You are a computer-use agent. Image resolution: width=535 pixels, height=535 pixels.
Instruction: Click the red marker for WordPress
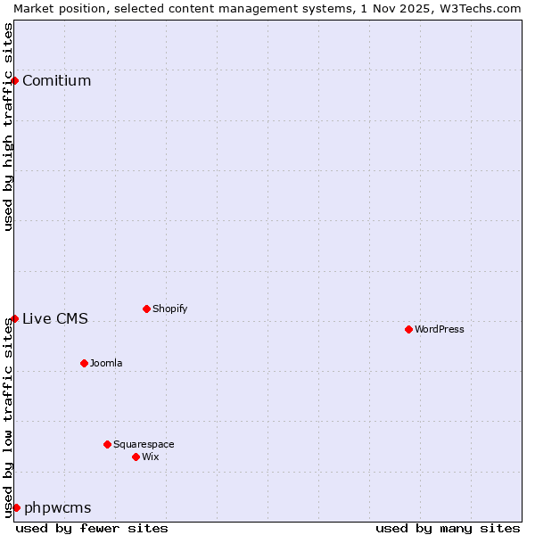click(x=408, y=329)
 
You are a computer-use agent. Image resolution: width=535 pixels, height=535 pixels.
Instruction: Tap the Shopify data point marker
click(x=146, y=309)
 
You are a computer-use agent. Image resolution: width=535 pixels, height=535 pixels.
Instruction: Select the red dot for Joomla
click(x=84, y=363)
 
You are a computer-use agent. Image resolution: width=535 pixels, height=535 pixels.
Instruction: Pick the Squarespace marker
click(x=107, y=444)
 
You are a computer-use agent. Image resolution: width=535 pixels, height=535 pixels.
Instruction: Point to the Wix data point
click(x=136, y=457)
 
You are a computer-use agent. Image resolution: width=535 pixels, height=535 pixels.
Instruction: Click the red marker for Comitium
click(x=14, y=80)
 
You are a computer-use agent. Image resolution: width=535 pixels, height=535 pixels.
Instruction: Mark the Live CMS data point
click(x=14, y=318)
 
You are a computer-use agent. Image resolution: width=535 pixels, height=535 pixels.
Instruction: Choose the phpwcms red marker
click(x=16, y=507)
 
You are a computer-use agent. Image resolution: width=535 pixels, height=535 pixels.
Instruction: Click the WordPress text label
click(x=440, y=329)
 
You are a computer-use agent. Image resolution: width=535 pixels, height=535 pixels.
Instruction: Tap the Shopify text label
click(x=169, y=309)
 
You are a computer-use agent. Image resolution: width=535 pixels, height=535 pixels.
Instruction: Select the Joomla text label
click(x=106, y=363)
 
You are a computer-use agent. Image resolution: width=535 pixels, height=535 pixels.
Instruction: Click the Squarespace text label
click(x=144, y=444)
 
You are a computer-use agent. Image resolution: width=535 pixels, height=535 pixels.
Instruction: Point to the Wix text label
click(x=151, y=457)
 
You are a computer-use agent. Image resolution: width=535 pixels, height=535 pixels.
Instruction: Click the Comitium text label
click(x=56, y=80)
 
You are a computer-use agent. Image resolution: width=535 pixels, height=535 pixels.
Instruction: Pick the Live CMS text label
click(x=55, y=318)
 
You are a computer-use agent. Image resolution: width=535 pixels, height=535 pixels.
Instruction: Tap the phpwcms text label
click(x=57, y=507)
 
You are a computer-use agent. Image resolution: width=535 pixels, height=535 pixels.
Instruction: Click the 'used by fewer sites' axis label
click(x=92, y=528)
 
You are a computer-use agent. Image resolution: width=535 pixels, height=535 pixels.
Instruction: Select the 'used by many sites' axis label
click(x=447, y=528)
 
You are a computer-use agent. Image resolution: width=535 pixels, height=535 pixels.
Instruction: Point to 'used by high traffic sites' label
click(x=8, y=127)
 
